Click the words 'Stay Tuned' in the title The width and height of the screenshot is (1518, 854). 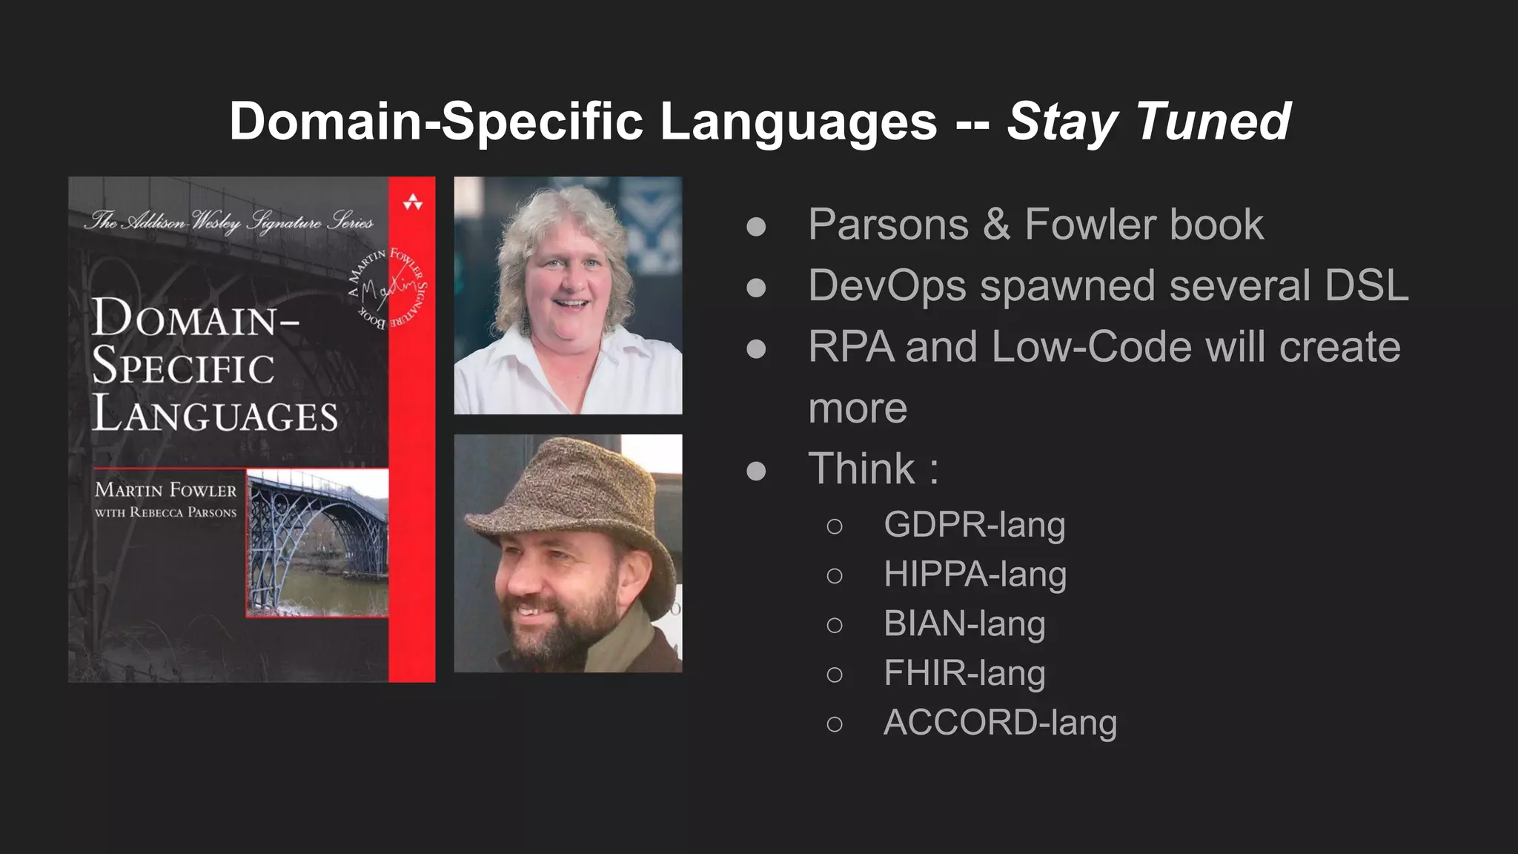tap(1149, 122)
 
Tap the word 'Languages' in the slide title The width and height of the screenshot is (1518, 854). tap(798, 122)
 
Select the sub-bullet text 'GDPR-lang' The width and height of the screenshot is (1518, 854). tap(974, 525)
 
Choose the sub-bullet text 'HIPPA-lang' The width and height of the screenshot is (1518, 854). tap(975, 575)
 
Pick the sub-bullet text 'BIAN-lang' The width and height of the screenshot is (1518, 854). tap(964, 623)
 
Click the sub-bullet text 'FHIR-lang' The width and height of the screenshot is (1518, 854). tap(964, 673)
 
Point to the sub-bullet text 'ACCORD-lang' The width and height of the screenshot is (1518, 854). tap(1000, 723)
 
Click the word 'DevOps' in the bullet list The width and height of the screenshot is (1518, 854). tap(887, 285)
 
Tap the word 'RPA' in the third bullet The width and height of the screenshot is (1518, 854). tap(851, 347)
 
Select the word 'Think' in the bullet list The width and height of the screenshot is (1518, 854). tap(862, 469)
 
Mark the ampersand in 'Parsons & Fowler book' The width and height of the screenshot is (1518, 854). tap(996, 225)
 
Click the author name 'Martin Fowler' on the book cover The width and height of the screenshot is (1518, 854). tap(165, 490)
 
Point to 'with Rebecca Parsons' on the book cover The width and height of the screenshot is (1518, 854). tap(165, 512)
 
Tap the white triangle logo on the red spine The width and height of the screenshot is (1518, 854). tap(412, 202)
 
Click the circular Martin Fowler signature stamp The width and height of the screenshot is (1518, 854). tap(388, 289)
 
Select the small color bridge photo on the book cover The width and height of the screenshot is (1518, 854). tap(317, 543)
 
